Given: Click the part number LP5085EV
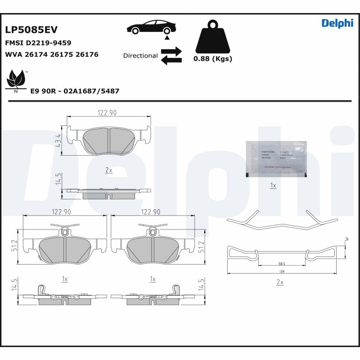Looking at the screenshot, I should click(31, 30).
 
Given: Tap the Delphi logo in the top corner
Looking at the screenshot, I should click(337, 23).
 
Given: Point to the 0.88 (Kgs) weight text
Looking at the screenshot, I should click(212, 59).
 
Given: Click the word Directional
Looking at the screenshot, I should click(140, 56).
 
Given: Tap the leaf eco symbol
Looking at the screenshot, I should click(16, 80).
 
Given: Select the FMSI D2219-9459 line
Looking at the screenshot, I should click(38, 43).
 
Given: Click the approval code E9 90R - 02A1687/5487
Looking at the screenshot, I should click(75, 91).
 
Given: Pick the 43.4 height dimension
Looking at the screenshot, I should click(58, 141).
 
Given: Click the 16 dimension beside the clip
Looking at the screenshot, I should click(346, 238).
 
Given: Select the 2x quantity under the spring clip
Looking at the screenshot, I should click(279, 282).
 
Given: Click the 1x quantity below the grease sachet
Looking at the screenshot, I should click(273, 185).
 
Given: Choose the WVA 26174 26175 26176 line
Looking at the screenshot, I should click(51, 54).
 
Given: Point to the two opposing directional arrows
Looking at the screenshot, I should click(171, 55).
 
